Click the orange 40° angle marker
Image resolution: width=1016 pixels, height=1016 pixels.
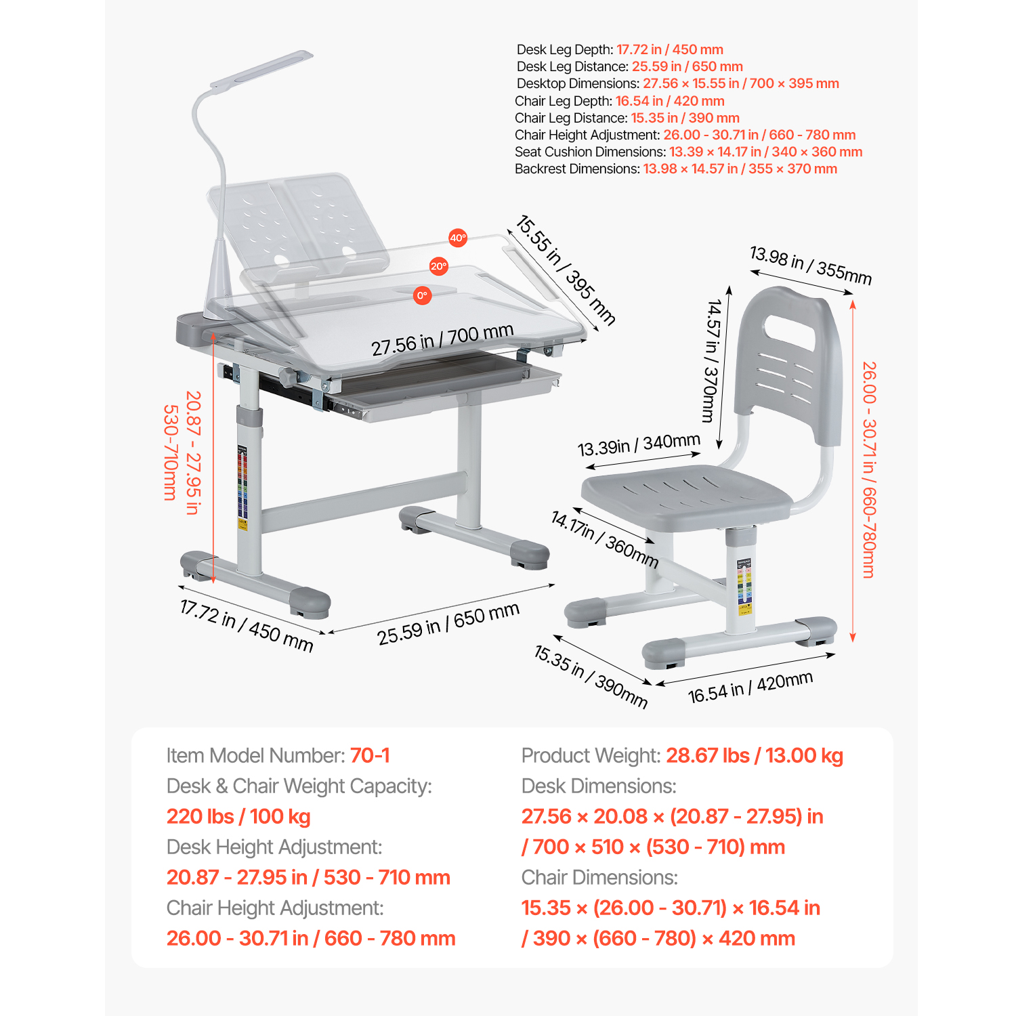point(458,238)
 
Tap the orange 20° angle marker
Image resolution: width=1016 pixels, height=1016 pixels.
point(439,266)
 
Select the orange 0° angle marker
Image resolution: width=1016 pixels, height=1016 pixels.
point(422,295)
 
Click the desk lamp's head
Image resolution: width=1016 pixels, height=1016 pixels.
point(261,68)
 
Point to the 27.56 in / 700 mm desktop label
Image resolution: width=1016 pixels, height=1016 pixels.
point(442,339)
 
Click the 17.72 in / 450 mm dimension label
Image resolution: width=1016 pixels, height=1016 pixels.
point(247,625)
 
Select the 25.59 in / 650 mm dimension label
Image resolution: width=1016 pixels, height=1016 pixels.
point(448,623)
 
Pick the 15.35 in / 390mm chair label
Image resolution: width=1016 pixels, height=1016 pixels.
point(591,677)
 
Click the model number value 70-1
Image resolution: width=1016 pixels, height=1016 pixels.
point(370,755)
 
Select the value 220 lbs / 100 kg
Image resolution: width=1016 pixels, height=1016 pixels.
point(238,817)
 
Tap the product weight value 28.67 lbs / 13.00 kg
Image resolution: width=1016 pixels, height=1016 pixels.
point(755,756)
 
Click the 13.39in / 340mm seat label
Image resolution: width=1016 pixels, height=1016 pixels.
point(639,445)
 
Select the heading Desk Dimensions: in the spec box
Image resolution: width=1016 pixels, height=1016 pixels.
point(599,786)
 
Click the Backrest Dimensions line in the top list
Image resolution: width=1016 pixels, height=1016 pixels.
point(676,169)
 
